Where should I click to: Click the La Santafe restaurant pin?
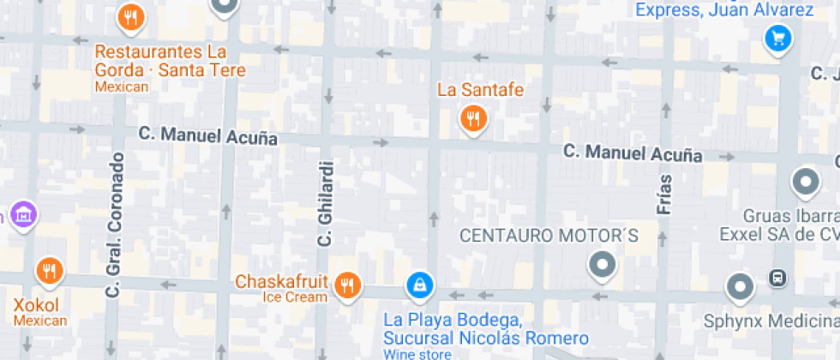[x=472, y=118]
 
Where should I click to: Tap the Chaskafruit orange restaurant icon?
[x=347, y=284]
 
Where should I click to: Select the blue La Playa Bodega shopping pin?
[x=419, y=284]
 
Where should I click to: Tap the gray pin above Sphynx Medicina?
[x=739, y=286]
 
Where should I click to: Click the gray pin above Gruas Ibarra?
[x=805, y=181]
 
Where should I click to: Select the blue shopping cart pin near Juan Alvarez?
[x=778, y=38]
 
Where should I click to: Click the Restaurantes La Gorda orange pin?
[x=130, y=17]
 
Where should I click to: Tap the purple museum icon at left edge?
[x=22, y=213]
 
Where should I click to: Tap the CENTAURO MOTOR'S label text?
[x=549, y=235]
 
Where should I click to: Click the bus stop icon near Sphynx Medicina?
[x=777, y=277]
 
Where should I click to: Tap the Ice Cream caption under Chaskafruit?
[x=294, y=297]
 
